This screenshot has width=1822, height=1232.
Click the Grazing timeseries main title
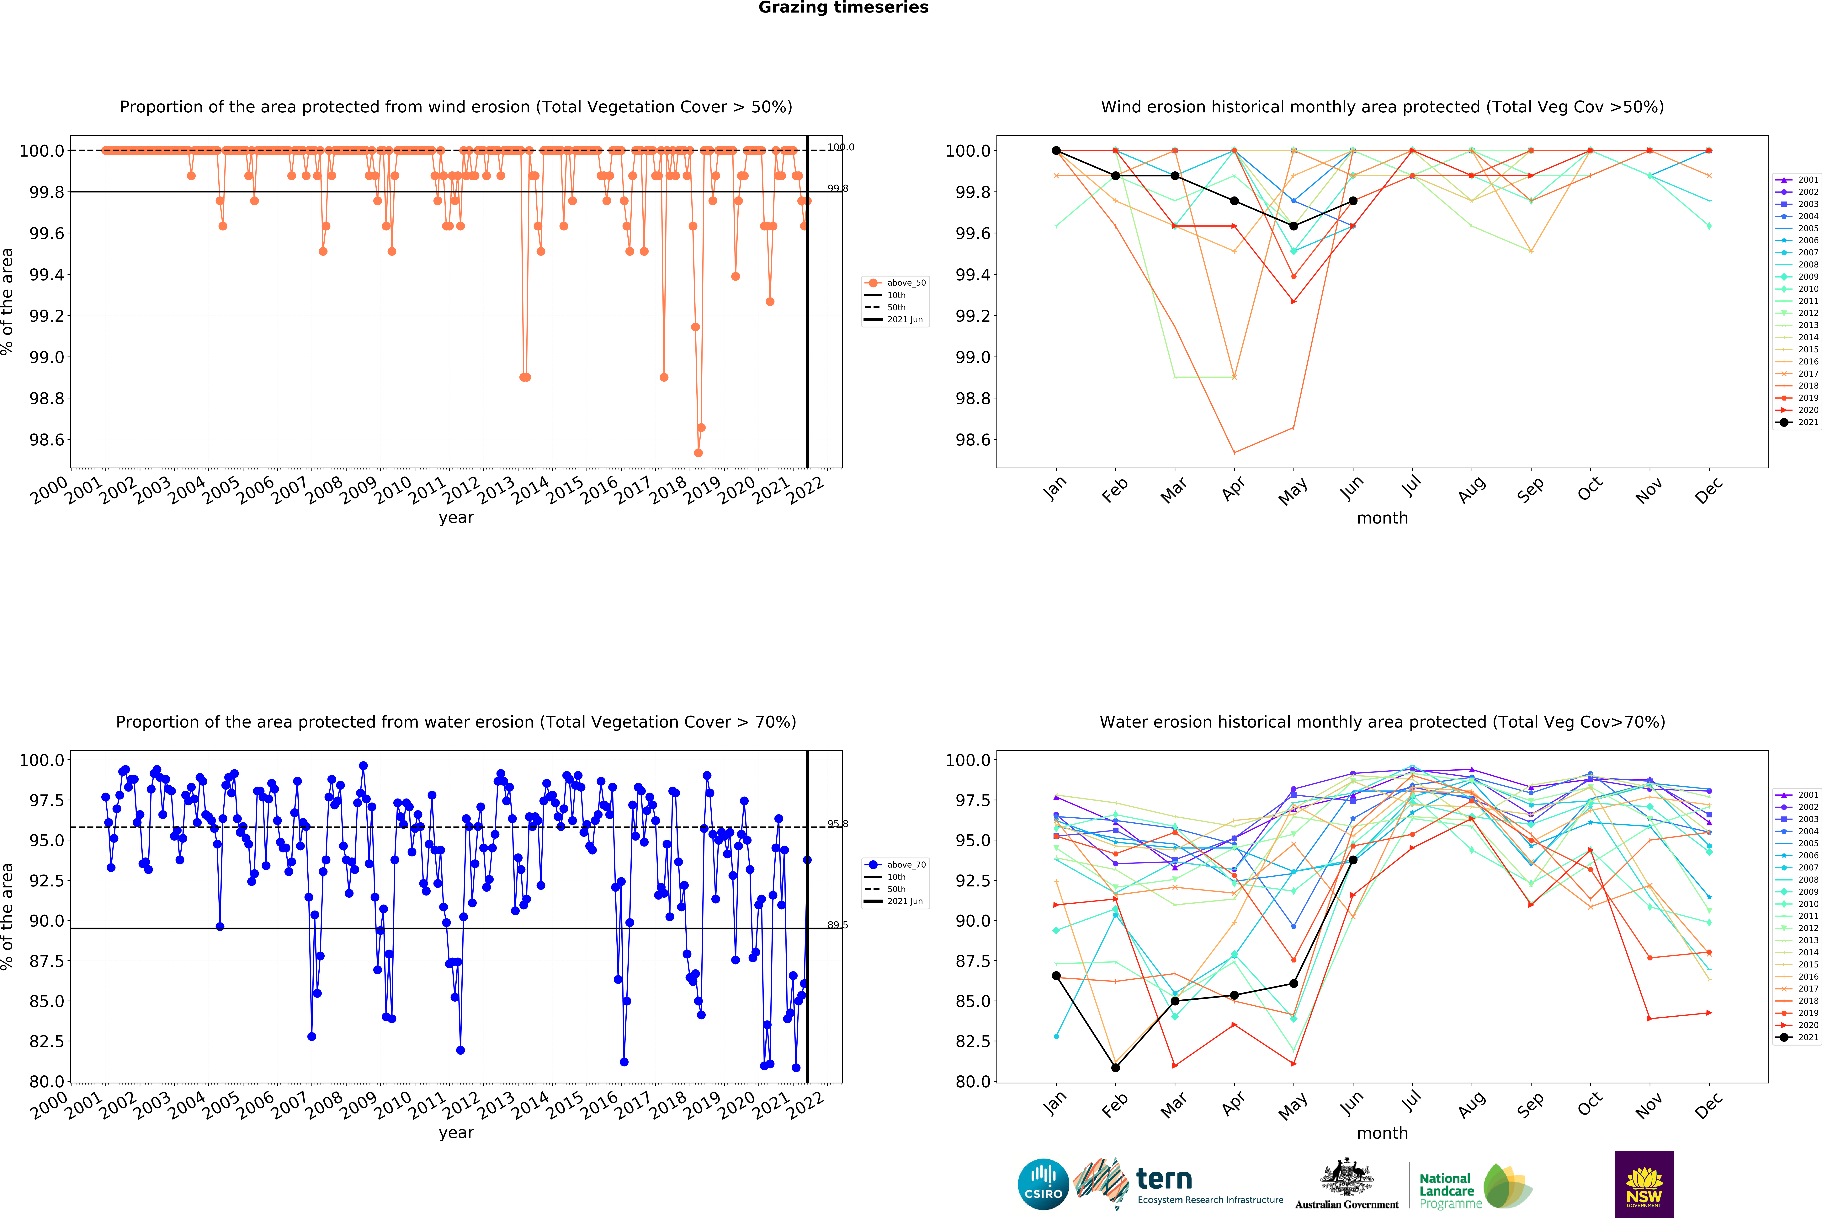tap(843, 8)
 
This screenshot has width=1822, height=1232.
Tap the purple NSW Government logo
tap(1644, 1184)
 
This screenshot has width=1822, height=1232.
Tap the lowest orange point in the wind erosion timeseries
tap(698, 453)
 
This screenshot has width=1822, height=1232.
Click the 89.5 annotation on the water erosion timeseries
tap(837, 925)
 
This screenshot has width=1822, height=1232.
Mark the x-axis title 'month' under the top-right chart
tap(1382, 518)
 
